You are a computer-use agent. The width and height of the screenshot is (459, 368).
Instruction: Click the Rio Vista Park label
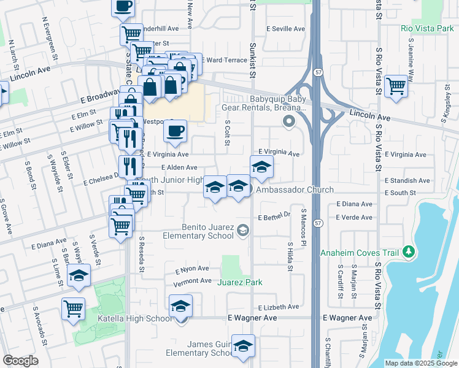coord(425,29)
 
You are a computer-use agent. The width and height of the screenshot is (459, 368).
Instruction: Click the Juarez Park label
coord(239,282)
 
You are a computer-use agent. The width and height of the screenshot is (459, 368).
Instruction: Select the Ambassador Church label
coord(286,190)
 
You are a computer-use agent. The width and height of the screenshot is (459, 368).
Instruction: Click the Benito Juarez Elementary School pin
coord(243,231)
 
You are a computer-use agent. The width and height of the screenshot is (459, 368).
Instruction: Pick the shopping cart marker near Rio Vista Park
coord(396,85)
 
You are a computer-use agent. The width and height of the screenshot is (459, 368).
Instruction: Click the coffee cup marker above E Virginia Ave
coord(175,131)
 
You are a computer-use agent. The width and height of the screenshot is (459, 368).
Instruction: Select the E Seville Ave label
coord(285,29)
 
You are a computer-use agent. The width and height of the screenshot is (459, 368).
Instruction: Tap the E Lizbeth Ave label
coord(279,307)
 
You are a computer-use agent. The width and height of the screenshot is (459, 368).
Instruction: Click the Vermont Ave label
coord(193,281)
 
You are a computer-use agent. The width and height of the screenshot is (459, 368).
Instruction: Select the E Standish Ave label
coord(407,181)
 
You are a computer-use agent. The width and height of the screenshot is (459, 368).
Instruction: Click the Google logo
coord(20,361)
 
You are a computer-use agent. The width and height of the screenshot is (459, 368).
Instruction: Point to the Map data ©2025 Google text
coord(420,363)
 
